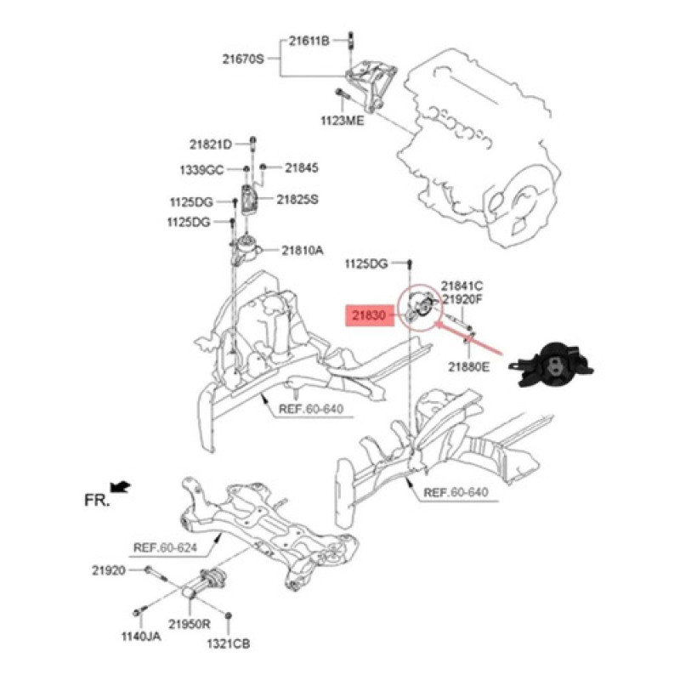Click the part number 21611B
308,40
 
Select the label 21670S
244,59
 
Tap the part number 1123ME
342,122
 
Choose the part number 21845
301,168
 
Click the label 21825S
297,199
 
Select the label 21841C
462,286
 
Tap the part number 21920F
462,299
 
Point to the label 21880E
470,366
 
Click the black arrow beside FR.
122,485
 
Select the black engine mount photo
548,367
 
